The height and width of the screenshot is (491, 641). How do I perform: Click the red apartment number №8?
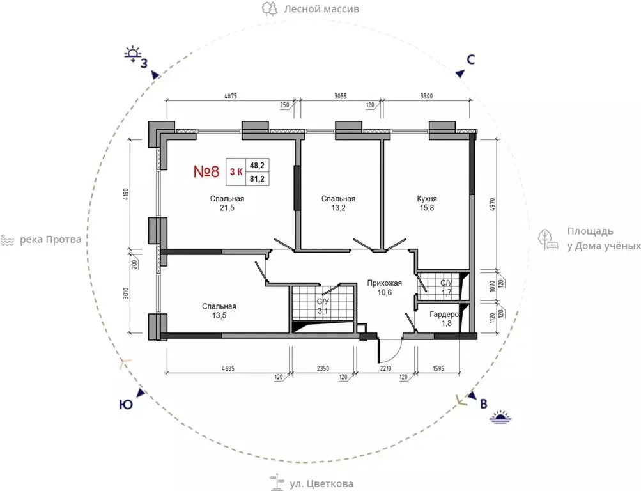[x=206, y=172]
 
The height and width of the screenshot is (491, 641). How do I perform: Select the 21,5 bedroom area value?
[x=227, y=208]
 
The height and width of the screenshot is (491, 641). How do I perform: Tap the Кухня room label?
[x=427, y=199]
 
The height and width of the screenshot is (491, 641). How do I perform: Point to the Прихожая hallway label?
[x=384, y=283]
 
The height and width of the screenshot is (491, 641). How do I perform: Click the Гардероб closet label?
[x=445, y=315]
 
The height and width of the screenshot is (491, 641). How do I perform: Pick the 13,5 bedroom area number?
[x=219, y=316]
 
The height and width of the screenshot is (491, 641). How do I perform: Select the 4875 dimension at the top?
[x=231, y=97]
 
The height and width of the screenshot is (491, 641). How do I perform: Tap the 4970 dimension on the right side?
[x=492, y=205]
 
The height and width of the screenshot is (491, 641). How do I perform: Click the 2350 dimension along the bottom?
[x=323, y=369]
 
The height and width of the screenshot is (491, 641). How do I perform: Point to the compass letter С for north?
[x=471, y=59]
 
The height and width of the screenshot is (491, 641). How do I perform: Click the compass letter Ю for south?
[x=126, y=405]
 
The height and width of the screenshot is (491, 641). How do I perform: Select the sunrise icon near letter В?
[x=501, y=417]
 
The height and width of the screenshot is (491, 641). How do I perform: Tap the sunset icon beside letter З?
[x=132, y=54]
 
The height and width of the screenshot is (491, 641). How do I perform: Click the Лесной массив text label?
[x=321, y=8]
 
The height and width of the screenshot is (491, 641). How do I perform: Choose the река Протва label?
[x=50, y=240]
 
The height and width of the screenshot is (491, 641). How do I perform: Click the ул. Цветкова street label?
[x=321, y=483]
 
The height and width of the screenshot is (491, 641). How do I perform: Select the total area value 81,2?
[x=257, y=178]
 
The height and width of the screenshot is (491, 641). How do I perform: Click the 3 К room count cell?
[x=236, y=172]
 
